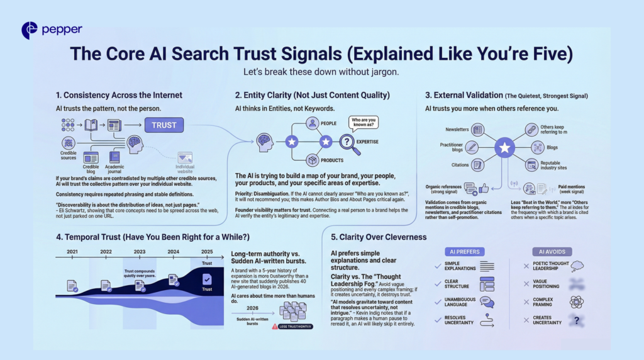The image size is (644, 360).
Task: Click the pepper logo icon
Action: click(x=29, y=30)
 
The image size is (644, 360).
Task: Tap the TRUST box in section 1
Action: click(x=164, y=125)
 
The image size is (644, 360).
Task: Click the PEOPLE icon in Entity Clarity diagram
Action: click(x=312, y=124)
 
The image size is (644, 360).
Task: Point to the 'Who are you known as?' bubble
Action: click(x=364, y=122)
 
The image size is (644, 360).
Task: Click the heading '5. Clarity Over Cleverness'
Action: click(x=379, y=237)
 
